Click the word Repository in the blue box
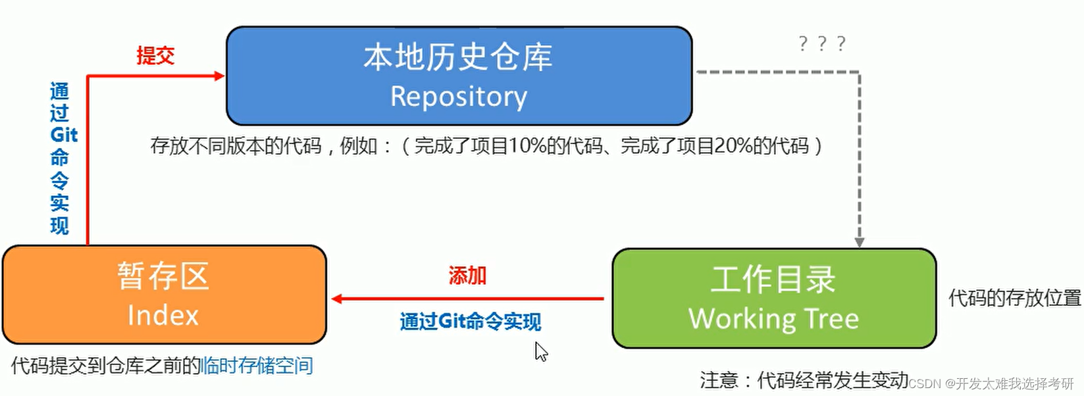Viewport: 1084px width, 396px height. pos(459,97)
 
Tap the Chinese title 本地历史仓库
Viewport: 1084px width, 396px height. pos(458,57)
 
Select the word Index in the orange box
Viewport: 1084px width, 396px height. pos(163,315)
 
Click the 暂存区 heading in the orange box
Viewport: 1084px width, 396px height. pos(163,276)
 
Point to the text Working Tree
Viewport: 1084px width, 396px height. pos(774,318)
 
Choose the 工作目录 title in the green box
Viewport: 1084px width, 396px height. pos(773,279)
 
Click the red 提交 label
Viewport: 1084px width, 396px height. pos(155,56)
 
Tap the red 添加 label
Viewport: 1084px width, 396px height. pos(467,276)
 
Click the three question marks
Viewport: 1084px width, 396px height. pos(821,44)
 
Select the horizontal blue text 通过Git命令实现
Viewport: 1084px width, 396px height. pos(470,321)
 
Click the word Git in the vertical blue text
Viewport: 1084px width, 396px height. pos(63,135)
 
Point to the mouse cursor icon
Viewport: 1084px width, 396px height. pos(540,351)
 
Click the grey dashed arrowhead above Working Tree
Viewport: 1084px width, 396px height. pos(859,242)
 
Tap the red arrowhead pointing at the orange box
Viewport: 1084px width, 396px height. pos(336,299)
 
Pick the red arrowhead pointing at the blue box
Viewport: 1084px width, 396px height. pos(219,76)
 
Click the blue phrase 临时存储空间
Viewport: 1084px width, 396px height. pos(257,365)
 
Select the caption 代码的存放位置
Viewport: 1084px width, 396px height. pos(1014,298)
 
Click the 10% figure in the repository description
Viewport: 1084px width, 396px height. pos(526,145)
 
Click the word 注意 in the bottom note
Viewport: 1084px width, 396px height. pos(719,380)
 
